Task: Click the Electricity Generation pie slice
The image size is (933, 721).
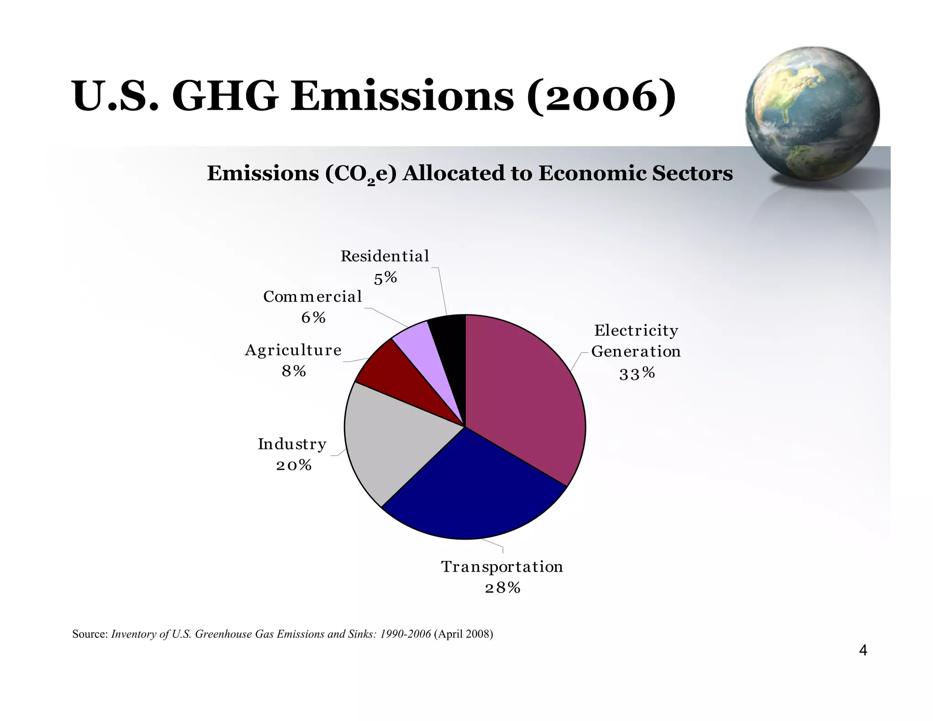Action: (524, 397)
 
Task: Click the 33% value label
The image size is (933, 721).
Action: (637, 374)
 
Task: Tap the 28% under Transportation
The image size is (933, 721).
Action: (502, 588)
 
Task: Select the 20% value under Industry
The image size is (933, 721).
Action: (294, 465)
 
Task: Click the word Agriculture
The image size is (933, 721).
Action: (293, 350)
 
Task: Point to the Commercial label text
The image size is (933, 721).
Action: (313, 297)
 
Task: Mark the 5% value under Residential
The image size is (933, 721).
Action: (385, 278)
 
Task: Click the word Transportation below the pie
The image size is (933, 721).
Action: (502, 566)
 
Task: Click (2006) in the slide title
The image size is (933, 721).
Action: (601, 96)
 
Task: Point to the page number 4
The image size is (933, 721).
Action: (862, 650)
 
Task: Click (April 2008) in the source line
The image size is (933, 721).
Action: (463, 634)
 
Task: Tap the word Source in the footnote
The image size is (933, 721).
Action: (89, 634)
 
